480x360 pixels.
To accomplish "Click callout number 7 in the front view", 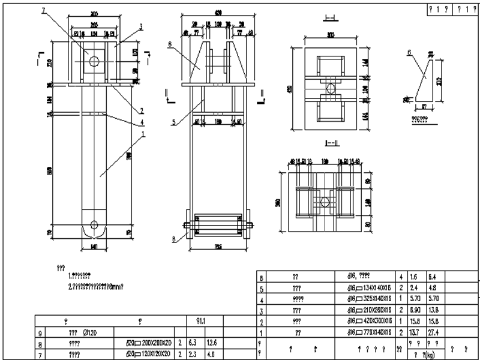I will pyautogui.click(x=43, y=10).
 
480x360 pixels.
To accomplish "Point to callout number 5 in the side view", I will pyautogui.click(x=173, y=123).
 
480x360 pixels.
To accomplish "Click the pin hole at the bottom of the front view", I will pyautogui.click(x=94, y=225).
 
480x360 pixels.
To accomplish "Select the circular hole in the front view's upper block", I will pyautogui.click(x=94, y=60).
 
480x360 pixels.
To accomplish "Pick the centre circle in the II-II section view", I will pyautogui.click(x=325, y=202).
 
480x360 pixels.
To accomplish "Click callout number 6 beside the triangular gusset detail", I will pyautogui.click(x=409, y=53).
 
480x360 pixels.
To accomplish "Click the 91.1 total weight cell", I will pyautogui.click(x=197, y=322).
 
